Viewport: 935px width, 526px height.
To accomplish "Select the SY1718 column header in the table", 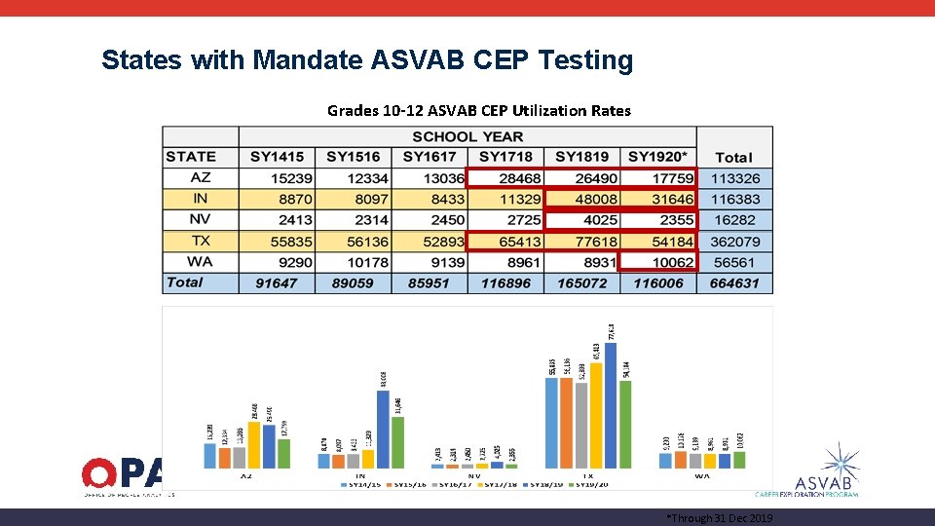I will (505, 157).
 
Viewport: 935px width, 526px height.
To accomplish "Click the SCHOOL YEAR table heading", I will (467, 136).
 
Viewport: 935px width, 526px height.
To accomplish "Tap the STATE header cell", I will (191, 156).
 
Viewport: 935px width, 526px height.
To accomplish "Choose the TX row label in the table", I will (201, 241).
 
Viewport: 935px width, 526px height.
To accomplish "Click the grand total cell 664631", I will (734, 283).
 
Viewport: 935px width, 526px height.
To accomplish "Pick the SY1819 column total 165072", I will (581, 283).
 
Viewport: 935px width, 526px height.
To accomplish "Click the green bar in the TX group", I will (625, 424).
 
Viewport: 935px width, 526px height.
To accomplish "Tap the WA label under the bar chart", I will (701, 476).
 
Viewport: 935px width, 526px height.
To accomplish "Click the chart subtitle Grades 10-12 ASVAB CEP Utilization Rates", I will (478, 110).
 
